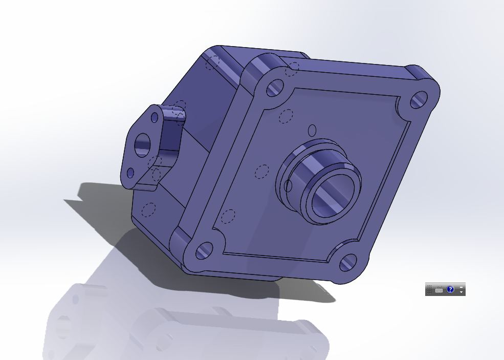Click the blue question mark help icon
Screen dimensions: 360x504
450,289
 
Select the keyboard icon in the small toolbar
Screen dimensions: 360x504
439,290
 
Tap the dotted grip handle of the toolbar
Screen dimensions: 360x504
429,289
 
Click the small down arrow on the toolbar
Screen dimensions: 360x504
462,292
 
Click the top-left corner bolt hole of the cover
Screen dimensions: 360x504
275,88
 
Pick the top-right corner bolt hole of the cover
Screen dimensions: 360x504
419,99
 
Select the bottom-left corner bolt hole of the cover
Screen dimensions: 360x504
204,250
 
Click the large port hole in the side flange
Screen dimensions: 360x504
142,145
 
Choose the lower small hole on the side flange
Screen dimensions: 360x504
130,173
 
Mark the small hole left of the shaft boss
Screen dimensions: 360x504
288,186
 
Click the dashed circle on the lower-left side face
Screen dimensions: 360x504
149,210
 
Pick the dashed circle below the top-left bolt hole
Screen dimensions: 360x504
287,116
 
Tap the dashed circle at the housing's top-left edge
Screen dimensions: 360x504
212,62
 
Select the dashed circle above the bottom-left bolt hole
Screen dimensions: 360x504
228,217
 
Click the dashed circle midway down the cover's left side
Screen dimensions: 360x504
261,172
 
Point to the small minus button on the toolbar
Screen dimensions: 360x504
462,286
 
